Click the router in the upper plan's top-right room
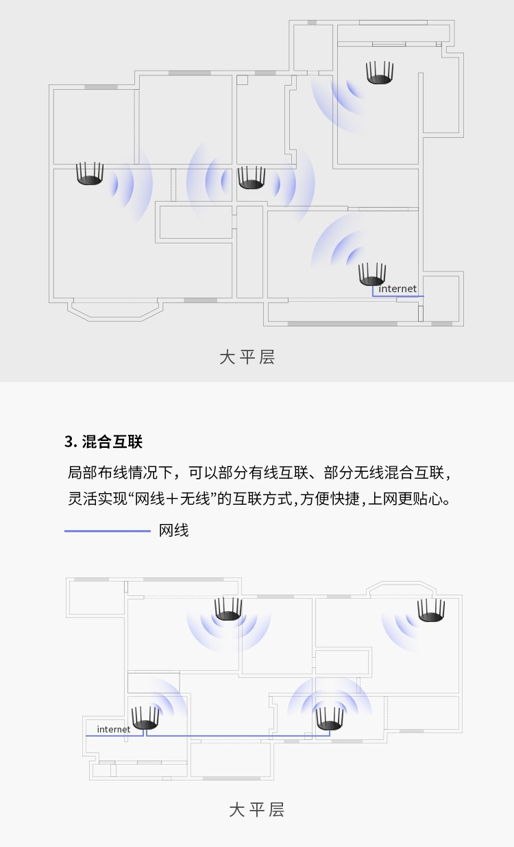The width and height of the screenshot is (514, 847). (380, 73)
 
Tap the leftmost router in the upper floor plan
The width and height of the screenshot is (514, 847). (90, 174)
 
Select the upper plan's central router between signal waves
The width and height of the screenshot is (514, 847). (252, 178)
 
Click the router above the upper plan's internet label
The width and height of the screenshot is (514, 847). (372, 274)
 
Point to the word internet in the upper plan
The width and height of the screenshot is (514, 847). (397, 289)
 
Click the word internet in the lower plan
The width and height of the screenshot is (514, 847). (113, 730)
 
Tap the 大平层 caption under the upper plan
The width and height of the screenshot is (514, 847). (247, 357)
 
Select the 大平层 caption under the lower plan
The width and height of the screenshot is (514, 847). (256, 809)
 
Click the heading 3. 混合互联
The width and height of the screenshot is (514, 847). (103, 442)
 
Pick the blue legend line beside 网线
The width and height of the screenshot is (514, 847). (108, 531)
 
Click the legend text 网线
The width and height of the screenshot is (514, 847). (173, 531)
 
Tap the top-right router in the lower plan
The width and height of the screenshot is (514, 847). (431, 610)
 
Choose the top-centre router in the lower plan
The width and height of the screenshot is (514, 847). (228, 609)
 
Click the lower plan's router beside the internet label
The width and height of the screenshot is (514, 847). (145, 717)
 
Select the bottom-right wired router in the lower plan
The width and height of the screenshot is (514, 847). (330, 719)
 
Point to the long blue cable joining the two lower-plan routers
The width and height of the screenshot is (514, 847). (238, 736)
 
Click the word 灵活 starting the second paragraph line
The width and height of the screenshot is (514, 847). (82, 499)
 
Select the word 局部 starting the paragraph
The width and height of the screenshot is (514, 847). (82, 473)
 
